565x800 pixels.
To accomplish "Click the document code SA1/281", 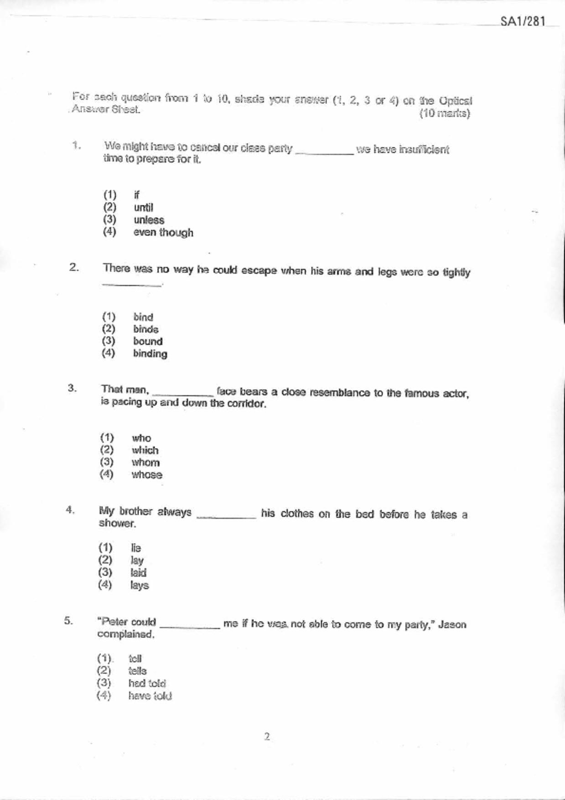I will tap(523, 21).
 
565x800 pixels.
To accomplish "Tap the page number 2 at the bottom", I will tap(267, 736).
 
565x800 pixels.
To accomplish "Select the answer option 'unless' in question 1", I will tap(149, 220).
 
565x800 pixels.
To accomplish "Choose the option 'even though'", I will tap(163, 233).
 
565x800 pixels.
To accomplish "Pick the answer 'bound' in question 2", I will tap(148, 341).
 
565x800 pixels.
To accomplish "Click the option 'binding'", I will tap(150, 353).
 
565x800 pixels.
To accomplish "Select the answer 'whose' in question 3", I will tap(147, 475).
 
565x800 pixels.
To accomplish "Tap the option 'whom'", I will tap(145, 462).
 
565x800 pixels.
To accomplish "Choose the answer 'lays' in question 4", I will tap(139, 585).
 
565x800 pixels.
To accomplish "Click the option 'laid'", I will tap(138, 573).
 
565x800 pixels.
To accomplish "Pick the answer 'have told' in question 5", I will tap(150, 696).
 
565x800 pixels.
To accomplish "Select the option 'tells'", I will tap(137, 671).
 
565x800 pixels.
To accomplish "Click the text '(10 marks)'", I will tap(445, 114).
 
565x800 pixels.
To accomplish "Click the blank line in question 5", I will tap(190, 626).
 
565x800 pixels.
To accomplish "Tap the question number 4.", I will tap(70, 510).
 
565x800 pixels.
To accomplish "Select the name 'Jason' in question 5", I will tap(452, 624).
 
